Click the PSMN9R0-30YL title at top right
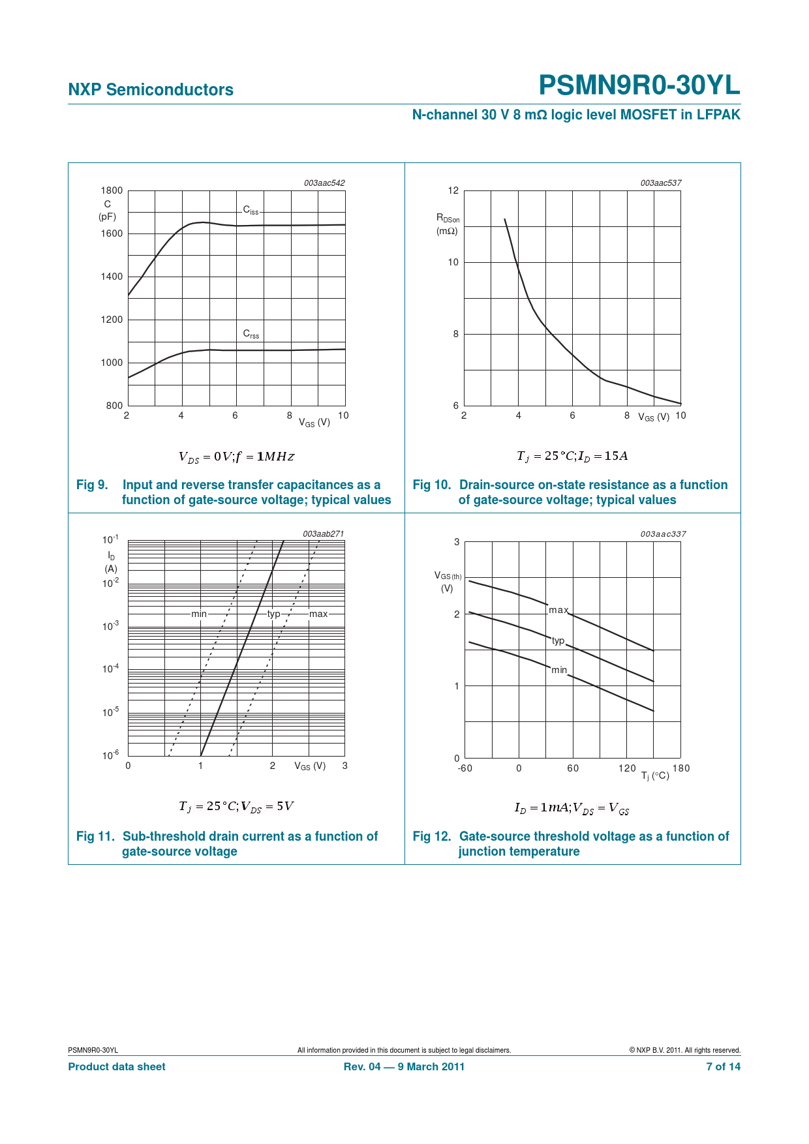point(639,85)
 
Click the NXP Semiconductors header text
point(151,90)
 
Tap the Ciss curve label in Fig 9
point(251,210)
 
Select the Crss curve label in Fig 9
point(251,334)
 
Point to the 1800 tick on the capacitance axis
point(112,190)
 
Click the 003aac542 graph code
point(324,183)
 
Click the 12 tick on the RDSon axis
point(453,190)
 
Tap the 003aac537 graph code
point(660,183)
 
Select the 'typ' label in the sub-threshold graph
point(274,614)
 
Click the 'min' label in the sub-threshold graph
point(199,614)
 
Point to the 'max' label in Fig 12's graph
point(558,610)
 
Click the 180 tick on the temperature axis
point(681,768)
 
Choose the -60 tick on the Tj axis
point(465,768)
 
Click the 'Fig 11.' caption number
point(95,836)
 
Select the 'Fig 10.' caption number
point(432,485)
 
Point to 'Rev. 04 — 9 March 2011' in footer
point(404,1066)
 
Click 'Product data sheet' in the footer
point(117,1066)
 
